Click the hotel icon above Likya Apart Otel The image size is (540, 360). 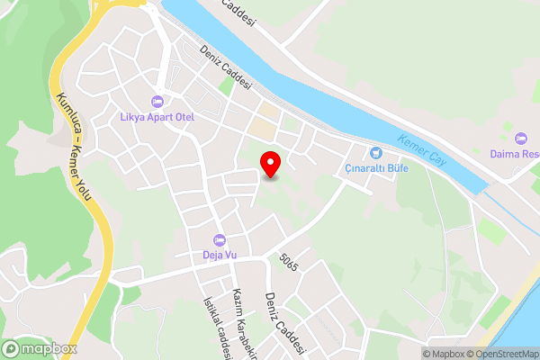(x=158, y=101)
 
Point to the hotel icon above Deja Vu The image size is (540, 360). (x=219, y=240)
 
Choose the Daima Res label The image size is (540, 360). (x=515, y=154)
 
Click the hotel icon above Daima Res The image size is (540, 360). (x=521, y=138)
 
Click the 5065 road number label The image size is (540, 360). (x=289, y=267)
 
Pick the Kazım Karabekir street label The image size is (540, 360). (x=241, y=324)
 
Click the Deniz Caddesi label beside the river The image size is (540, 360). (x=228, y=66)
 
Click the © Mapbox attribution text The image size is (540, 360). (x=444, y=354)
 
